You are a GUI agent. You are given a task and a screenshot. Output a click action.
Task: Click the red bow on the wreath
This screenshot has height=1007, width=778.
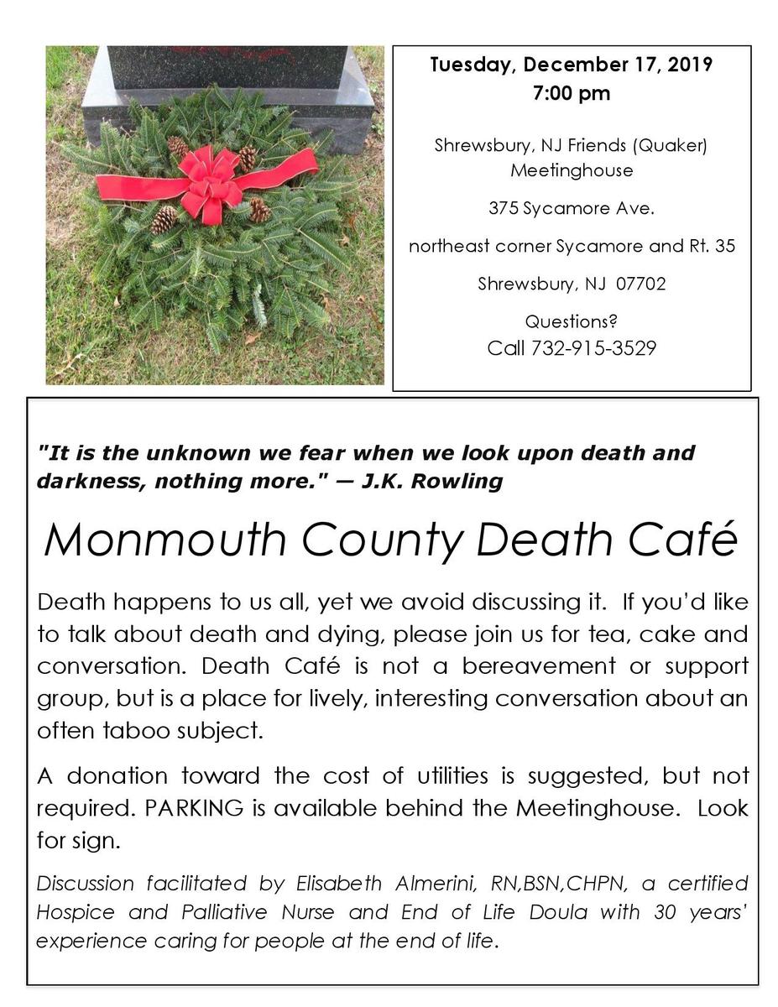pyautogui.click(x=208, y=182)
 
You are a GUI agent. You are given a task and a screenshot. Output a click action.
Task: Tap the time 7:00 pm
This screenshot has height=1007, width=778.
pyautogui.click(x=571, y=93)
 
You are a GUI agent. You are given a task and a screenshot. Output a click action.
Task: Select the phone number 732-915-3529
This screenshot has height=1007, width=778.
pyautogui.click(x=593, y=347)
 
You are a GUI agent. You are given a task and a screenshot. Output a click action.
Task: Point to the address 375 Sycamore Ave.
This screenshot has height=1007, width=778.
pyautogui.click(x=571, y=208)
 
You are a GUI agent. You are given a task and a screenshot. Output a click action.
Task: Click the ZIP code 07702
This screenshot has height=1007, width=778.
pyautogui.click(x=640, y=284)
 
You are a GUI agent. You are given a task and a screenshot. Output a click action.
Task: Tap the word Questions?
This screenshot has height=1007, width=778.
pyautogui.click(x=571, y=321)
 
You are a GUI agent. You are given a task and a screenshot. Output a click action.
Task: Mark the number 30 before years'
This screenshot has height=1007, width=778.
pyautogui.click(x=664, y=911)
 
